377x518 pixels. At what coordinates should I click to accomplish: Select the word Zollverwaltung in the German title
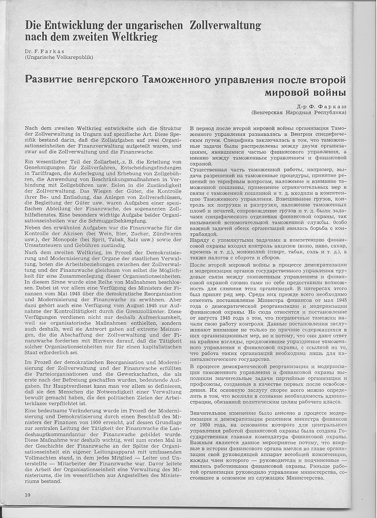click(x=225, y=25)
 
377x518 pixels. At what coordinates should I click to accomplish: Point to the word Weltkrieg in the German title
click(x=135, y=37)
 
